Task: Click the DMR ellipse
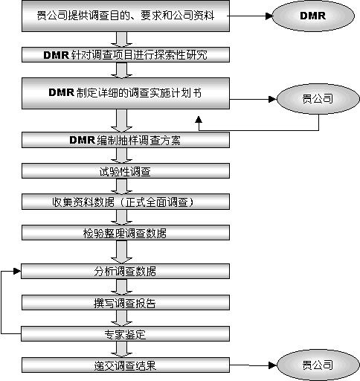(x=313, y=16)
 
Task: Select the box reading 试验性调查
(x=126, y=170)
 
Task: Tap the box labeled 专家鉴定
(x=125, y=333)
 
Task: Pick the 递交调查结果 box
(x=126, y=365)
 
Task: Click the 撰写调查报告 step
(x=126, y=302)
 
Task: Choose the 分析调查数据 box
(x=125, y=271)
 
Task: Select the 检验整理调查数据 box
(x=126, y=232)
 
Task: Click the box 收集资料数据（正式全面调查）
(x=126, y=202)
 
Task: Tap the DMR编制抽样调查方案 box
(x=126, y=140)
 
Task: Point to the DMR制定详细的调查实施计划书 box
(x=126, y=93)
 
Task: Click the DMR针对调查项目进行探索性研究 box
(x=126, y=54)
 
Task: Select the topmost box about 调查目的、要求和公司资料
(x=126, y=16)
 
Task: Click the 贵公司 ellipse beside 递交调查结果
(x=318, y=365)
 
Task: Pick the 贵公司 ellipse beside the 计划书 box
(x=318, y=99)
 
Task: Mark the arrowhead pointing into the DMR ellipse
(x=269, y=16)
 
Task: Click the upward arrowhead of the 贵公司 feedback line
(x=199, y=119)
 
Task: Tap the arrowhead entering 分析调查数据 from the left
(x=17, y=271)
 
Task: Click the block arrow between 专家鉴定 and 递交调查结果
(x=121, y=349)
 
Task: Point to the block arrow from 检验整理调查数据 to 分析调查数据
(x=121, y=252)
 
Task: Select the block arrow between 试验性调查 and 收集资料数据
(x=121, y=186)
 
